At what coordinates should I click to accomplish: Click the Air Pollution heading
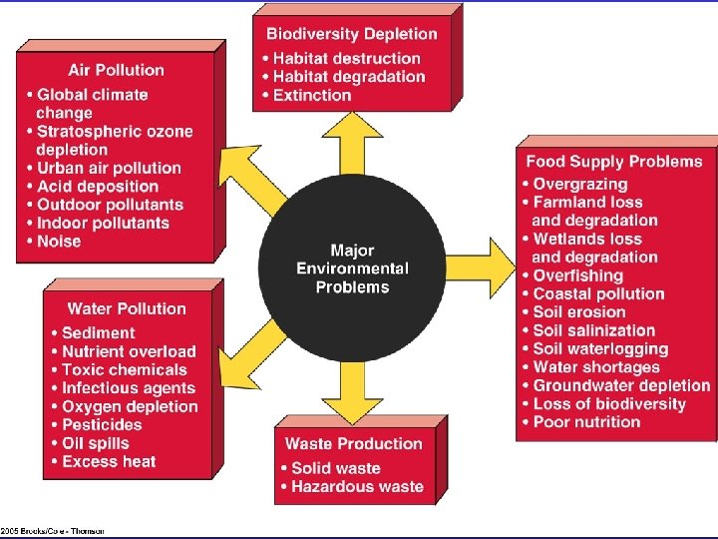[116, 70]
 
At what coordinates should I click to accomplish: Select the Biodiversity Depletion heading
[352, 34]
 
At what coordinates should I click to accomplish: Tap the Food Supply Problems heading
[613, 161]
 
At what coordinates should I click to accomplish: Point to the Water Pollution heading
[127, 308]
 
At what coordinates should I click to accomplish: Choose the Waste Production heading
[354, 443]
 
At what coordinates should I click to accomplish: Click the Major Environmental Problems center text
[352, 269]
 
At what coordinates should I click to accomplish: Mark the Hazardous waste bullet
[357, 486]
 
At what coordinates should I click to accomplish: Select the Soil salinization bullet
[593, 330]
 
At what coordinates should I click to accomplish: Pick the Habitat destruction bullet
[340, 58]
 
